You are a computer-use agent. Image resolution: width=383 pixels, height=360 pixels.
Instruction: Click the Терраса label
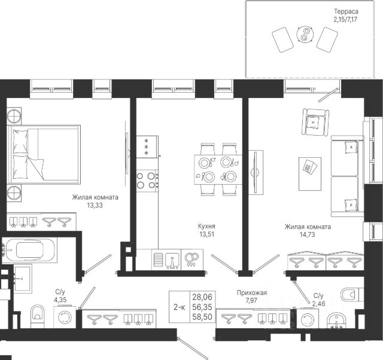346,11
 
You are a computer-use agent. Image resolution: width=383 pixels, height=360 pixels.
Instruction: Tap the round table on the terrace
305,35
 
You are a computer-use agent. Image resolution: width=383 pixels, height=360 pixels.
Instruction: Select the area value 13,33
95,205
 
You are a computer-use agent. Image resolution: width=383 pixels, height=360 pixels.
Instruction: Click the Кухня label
206,226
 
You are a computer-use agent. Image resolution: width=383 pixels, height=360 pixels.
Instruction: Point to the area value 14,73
307,234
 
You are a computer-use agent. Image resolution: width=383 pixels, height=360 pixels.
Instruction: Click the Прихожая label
252,292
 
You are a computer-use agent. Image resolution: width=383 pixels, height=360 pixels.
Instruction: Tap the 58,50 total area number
202,317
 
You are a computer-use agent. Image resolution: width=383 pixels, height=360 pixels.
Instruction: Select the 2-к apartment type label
180,307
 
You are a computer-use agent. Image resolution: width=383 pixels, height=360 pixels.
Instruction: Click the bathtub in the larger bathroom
29,250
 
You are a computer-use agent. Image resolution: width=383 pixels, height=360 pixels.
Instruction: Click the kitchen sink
173,260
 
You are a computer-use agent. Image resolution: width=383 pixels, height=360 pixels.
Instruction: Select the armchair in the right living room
315,122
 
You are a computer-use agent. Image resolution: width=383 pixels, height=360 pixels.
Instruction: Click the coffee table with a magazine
310,174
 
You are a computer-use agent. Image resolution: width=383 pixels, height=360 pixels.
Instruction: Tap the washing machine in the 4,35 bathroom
65,318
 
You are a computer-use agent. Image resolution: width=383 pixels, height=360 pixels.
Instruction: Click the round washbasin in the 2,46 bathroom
336,321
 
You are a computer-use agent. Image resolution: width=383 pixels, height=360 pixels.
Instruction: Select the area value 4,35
60,300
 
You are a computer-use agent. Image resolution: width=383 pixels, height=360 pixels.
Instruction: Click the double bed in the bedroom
44,155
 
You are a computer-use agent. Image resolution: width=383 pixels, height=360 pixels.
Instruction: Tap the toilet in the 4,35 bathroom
37,316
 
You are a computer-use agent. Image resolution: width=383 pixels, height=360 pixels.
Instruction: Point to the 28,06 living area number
202,297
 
